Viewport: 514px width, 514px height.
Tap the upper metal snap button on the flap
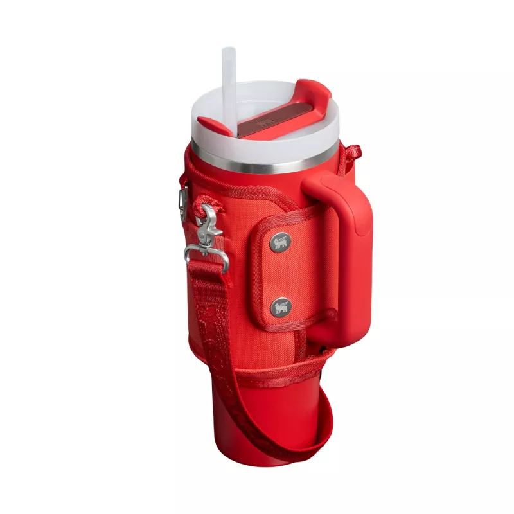click(x=280, y=242)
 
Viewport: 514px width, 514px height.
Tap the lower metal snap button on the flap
click(x=280, y=307)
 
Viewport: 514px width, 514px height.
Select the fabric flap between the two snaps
click(x=280, y=275)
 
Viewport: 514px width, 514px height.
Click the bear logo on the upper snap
click(x=280, y=242)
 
